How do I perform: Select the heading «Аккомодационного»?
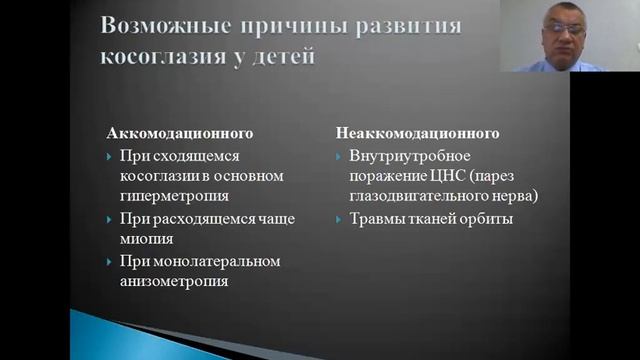coord(180,133)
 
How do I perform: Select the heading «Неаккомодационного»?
coord(417,133)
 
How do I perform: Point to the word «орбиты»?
coord(484,218)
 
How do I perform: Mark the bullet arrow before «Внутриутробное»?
coord(340,156)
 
